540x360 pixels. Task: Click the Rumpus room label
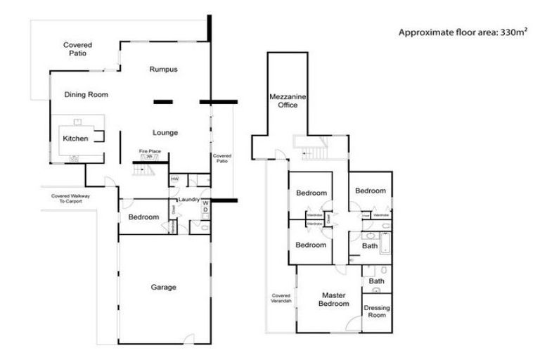tap(162, 69)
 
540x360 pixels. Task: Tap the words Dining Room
tap(86, 94)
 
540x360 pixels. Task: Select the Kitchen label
tap(75, 139)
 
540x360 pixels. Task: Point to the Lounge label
tap(165, 132)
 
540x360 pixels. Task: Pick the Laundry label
tap(188, 200)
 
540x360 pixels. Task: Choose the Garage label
tap(163, 287)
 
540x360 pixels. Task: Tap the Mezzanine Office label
tap(283, 100)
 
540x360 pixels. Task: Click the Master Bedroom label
tap(335, 300)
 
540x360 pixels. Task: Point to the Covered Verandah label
tap(281, 298)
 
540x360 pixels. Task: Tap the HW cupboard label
tap(174, 179)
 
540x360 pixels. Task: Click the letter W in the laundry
tap(205, 202)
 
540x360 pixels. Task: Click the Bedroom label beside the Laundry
tap(143, 217)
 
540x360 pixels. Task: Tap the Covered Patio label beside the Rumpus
tap(77, 49)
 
